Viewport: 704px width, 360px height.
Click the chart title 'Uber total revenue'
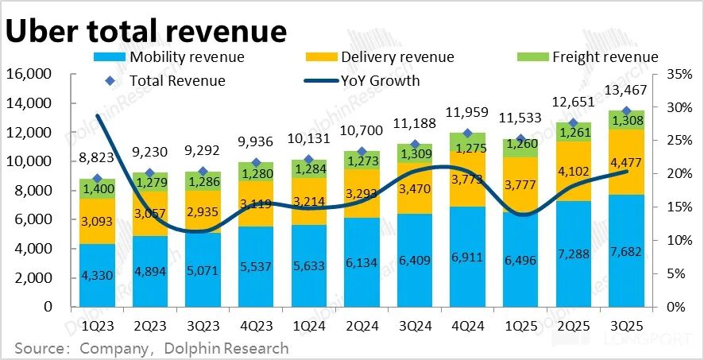point(145,30)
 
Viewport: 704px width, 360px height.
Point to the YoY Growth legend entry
point(380,80)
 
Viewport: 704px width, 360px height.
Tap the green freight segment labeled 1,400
point(97,189)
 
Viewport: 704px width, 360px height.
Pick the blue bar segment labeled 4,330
point(97,275)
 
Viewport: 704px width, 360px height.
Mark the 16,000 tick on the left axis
point(29,74)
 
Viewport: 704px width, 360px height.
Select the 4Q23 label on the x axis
point(256,326)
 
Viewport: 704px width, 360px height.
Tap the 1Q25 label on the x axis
point(520,326)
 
